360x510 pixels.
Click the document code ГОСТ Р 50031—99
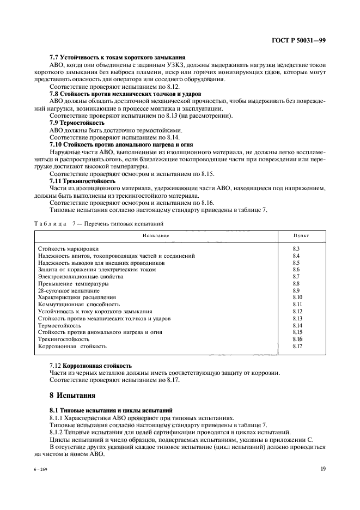[x=298, y=40]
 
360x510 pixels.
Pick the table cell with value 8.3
[x=297, y=248]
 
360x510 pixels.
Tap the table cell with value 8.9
[x=297, y=290]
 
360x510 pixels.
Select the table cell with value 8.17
[x=297, y=346]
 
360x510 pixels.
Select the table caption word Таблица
[x=50, y=223]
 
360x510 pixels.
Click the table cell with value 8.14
[x=297, y=325]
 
